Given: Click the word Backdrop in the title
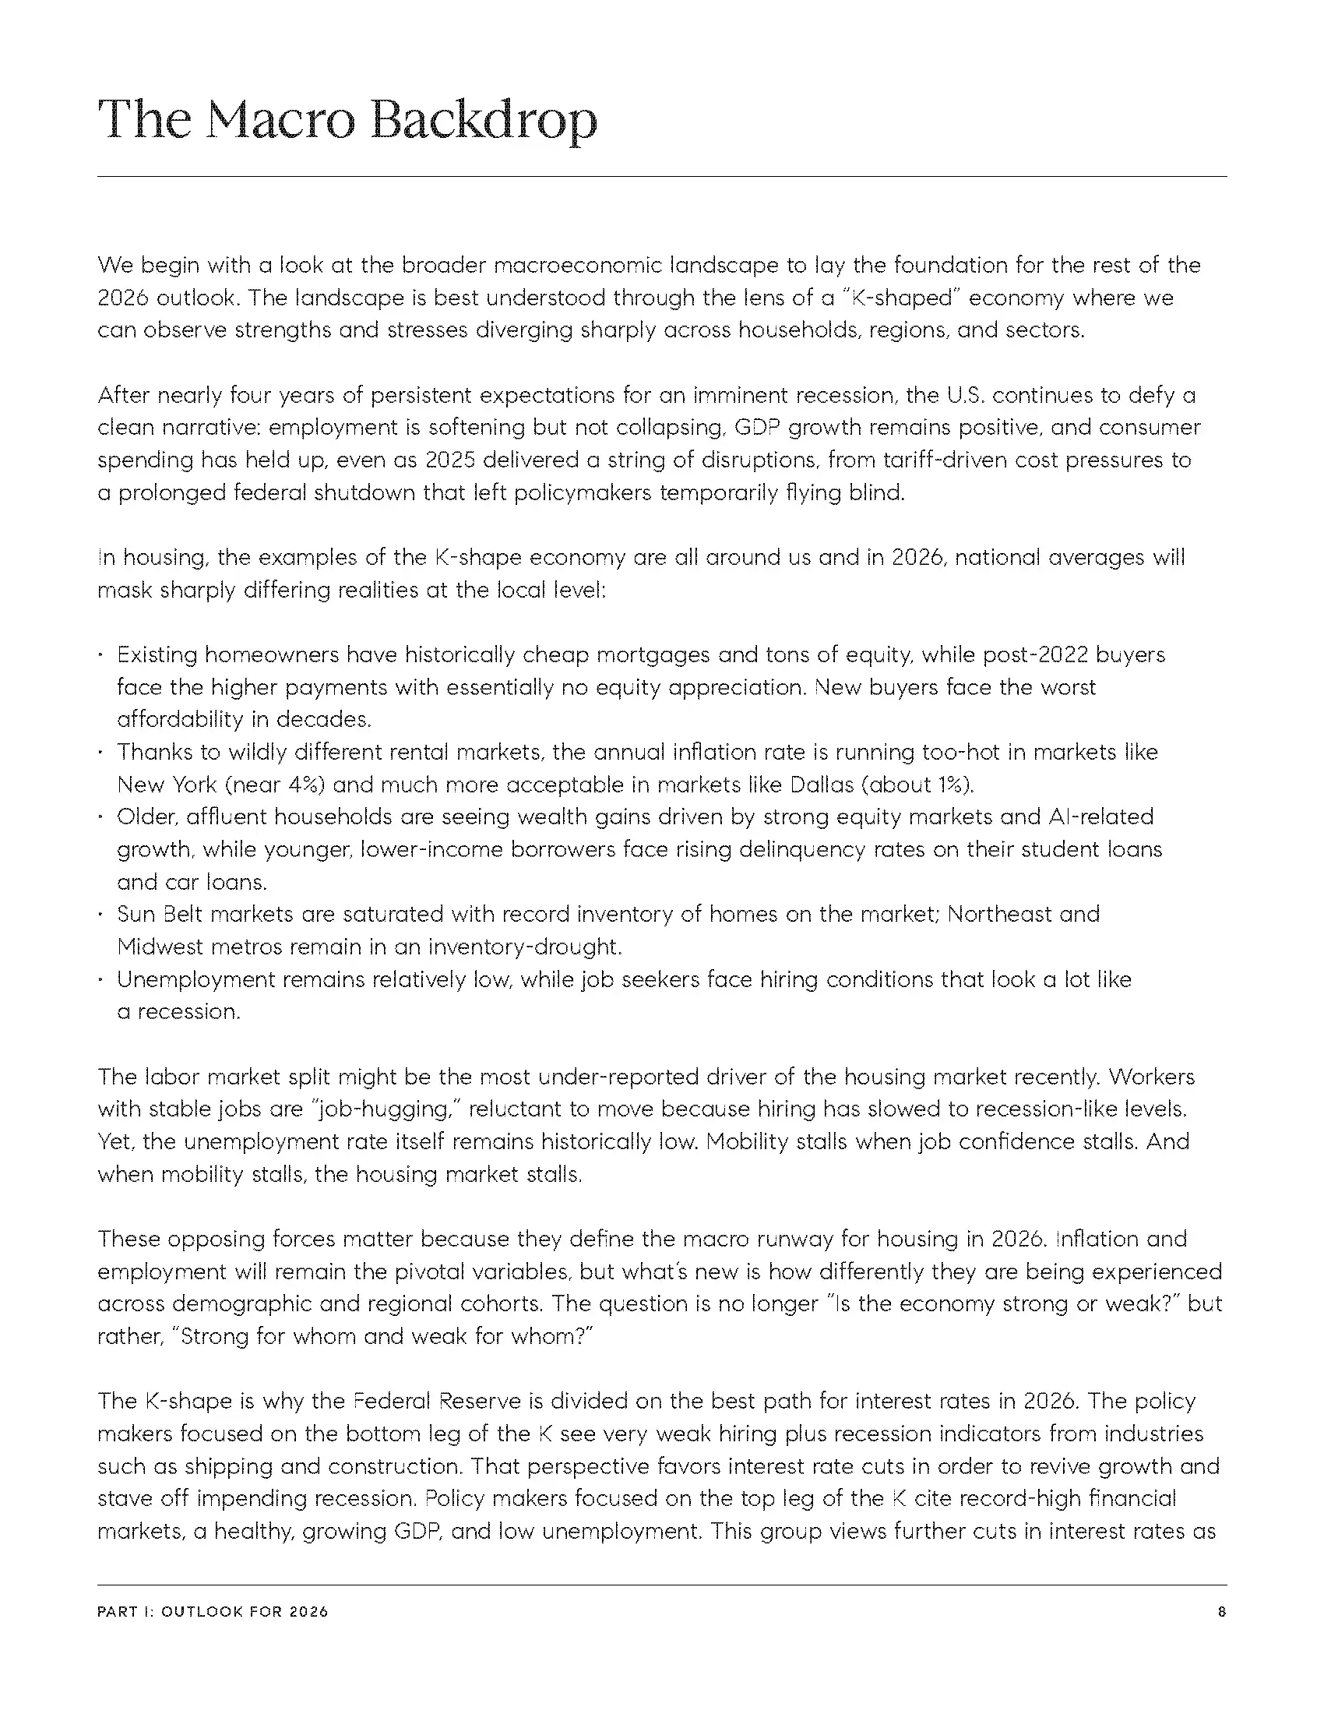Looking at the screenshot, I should tap(483, 121).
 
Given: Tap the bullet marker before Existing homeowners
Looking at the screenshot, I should tap(101, 655).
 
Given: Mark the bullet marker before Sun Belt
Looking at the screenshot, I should tap(101, 915).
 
